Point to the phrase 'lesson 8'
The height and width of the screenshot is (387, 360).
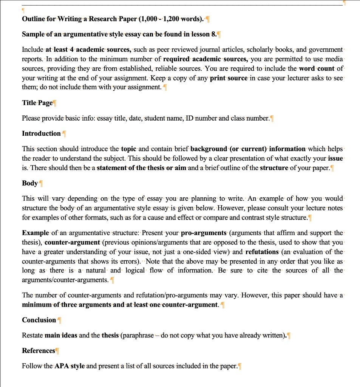tap(204, 34)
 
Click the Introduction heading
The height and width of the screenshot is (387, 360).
tap(41, 133)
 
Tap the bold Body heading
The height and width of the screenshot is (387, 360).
tap(30, 183)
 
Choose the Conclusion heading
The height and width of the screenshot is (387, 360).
tap(39, 320)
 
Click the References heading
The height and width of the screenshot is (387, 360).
tap(39, 350)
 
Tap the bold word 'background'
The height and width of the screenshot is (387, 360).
tap(206, 149)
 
